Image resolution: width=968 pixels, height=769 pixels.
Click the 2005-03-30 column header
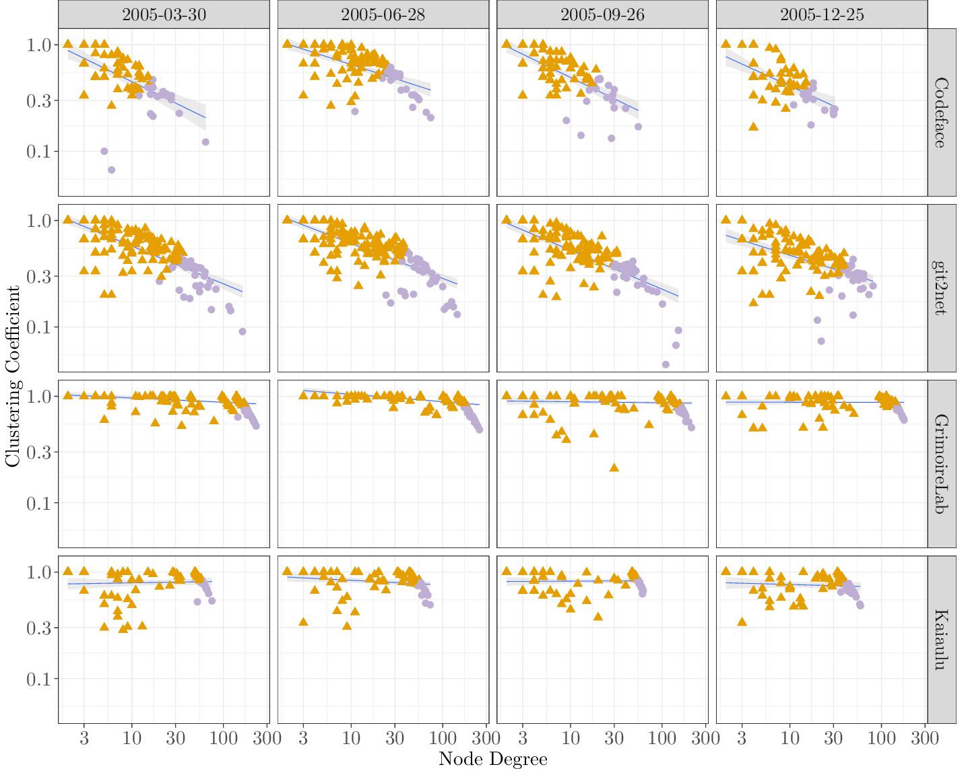click(x=164, y=14)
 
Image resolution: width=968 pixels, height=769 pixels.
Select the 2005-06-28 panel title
click(x=383, y=14)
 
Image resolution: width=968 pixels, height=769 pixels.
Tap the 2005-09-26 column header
click(x=602, y=14)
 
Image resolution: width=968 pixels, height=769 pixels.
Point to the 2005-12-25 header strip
click(x=822, y=14)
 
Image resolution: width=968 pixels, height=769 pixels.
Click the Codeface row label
click(x=941, y=112)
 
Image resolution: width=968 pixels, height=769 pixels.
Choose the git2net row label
click(x=941, y=288)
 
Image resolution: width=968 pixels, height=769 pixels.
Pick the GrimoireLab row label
click(x=941, y=464)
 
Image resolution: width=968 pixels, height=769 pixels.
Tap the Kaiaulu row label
click(x=941, y=640)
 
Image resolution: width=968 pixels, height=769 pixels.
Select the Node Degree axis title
click(x=492, y=759)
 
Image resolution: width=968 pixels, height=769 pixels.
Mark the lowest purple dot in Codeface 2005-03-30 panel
click(x=112, y=170)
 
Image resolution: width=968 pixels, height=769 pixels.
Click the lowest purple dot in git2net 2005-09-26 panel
click(x=666, y=364)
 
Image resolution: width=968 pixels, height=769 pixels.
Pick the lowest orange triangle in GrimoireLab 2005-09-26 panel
click(x=614, y=467)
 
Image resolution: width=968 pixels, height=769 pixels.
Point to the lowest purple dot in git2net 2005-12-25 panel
click(x=821, y=341)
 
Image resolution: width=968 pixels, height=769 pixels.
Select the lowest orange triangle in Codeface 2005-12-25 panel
click(x=753, y=126)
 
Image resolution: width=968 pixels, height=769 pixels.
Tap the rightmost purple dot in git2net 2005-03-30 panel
click(x=243, y=331)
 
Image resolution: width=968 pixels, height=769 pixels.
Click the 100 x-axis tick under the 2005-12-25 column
click(x=882, y=737)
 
